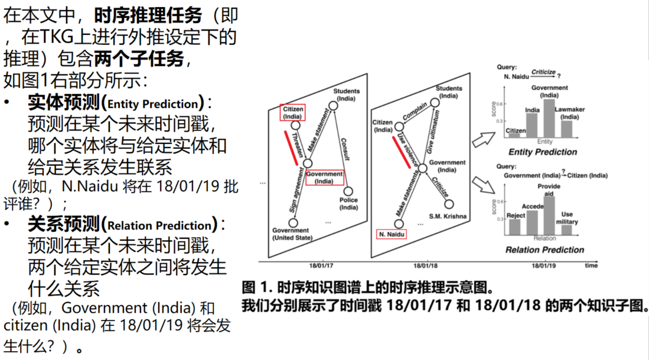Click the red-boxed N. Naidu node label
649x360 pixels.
click(x=391, y=234)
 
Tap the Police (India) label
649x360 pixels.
click(x=348, y=204)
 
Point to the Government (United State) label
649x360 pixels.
click(x=291, y=234)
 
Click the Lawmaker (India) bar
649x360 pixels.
click(x=566, y=128)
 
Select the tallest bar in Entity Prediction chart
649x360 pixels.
click(x=549, y=118)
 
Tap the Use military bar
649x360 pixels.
click(x=566, y=228)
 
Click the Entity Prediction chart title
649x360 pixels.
click(x=542, y=152)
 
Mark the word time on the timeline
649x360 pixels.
click(x=591, y=266)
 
